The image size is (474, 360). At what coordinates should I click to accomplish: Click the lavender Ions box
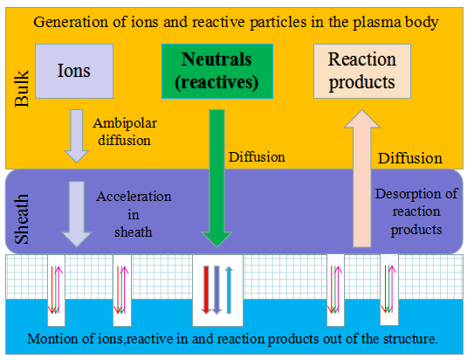[74, 71]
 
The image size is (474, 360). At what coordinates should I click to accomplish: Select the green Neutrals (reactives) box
[217, 71]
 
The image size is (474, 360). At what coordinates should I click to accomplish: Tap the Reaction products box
[362, 71]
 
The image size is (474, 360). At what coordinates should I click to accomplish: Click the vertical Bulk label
[22, 88]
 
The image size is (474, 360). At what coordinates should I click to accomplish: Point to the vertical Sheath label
[22, 219]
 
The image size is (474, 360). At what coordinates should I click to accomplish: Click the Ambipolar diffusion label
[125, 132]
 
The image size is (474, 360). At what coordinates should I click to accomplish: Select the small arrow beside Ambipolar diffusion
[77, 136]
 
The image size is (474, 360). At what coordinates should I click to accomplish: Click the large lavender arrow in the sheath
[77, 214]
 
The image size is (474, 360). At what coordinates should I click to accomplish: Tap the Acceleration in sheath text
[134, 214]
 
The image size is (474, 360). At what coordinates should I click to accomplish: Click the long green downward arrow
[216, 178]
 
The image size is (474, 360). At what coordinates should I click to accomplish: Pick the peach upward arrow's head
[362, 119]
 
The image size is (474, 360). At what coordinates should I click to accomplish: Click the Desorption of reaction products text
[416, 211]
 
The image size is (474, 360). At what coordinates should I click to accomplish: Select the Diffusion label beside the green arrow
[257, 157]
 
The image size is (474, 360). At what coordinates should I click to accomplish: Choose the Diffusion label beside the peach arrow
[410, 158]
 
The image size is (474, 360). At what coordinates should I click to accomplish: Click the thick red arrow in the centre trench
[206, 290]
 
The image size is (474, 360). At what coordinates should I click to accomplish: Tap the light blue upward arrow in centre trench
[229, 290]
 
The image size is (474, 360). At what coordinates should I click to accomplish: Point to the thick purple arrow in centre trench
[216, 290]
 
